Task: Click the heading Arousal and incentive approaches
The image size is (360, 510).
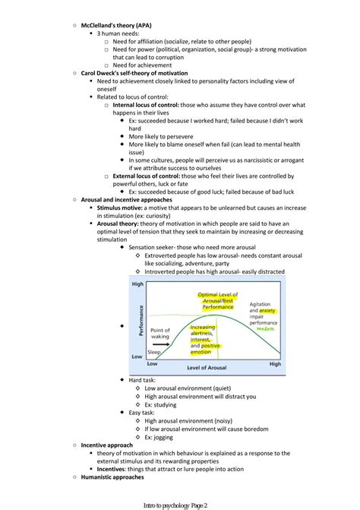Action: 126,200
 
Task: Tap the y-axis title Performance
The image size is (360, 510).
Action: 139,322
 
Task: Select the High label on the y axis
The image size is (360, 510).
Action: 137,284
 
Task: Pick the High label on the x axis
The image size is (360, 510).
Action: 275,364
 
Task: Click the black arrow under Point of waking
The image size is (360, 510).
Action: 160,344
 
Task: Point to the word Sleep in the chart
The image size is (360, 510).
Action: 153,353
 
